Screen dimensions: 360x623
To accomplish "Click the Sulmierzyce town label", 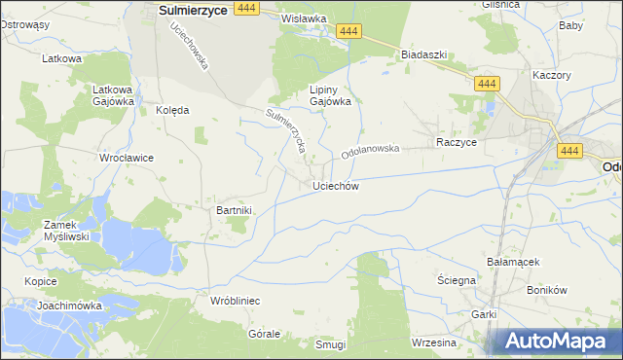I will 193,9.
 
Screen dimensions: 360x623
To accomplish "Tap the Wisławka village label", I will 302,18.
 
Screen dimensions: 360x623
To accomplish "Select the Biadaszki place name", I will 423,55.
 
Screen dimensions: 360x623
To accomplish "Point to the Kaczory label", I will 552,75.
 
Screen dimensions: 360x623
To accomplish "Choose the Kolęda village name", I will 172,110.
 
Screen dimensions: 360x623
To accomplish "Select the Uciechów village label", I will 336,186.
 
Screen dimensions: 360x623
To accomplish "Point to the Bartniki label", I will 234,210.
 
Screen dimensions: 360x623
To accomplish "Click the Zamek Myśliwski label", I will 66,231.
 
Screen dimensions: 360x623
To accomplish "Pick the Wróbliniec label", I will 235,302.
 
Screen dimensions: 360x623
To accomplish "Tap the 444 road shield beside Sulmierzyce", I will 246,8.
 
